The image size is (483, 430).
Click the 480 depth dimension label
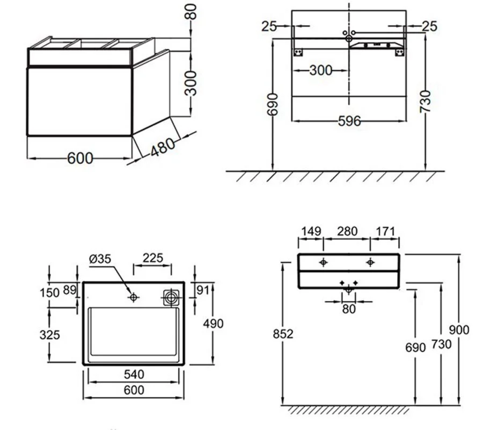[163, 147]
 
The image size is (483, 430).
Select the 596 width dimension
[349, 121]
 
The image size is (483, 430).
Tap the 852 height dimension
[283, 334]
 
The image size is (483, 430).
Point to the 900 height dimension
[459, 330]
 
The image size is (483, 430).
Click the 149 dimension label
[311, 231]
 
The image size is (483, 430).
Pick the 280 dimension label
[347, 231]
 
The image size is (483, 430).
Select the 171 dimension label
[385, 231]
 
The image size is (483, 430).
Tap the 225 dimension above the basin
[153, 258]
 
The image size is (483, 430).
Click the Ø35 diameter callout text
[100, 258]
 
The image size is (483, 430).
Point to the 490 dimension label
[213, 324]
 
